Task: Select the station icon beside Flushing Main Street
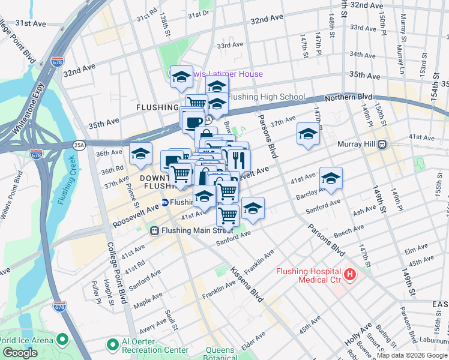coord(154,230)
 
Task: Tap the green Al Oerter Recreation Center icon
coord(111,345)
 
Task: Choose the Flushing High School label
coord(267,97)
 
